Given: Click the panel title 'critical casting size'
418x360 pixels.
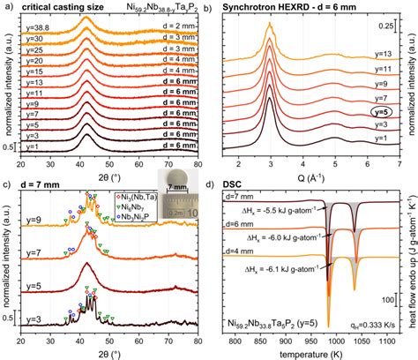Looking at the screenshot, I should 59,7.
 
